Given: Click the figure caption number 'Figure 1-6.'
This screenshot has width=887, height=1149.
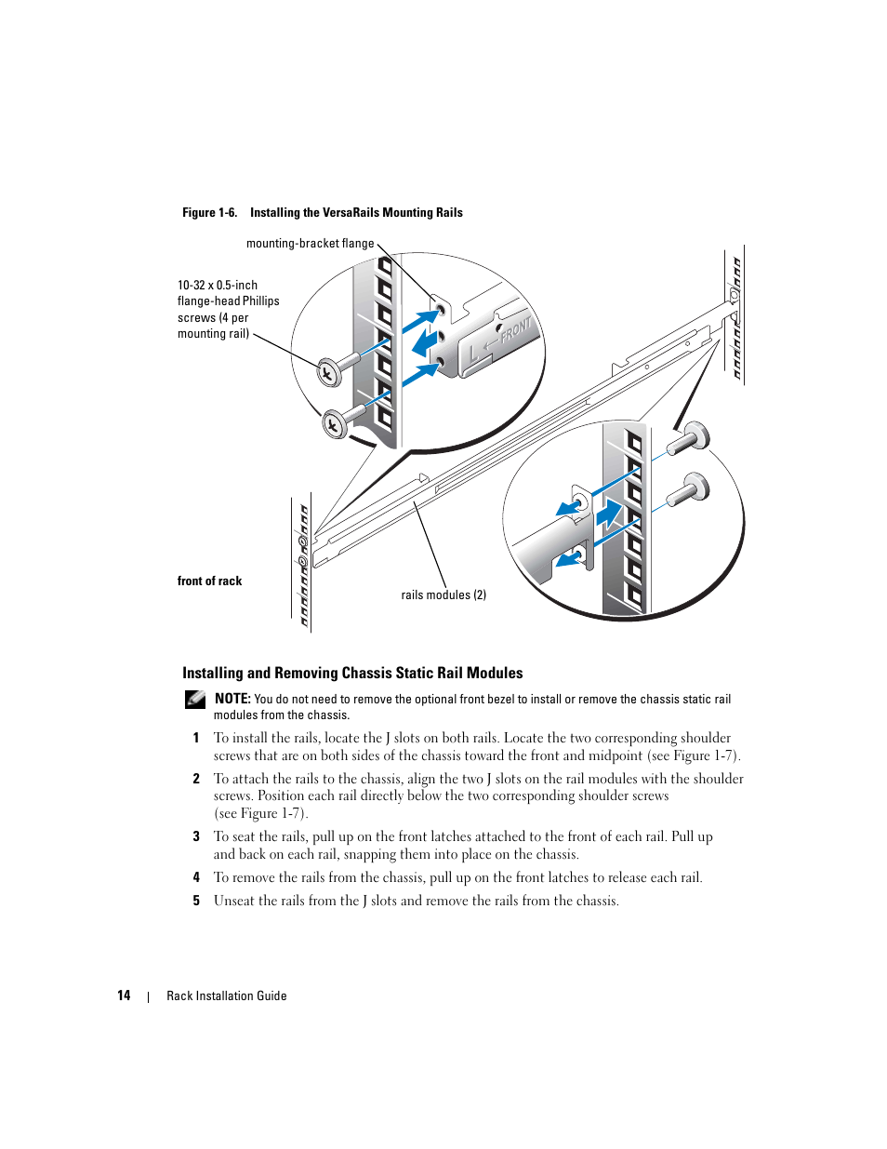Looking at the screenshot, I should click(x=209, y=213).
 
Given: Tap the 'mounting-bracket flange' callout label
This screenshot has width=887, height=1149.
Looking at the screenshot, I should click(x=310, y=244).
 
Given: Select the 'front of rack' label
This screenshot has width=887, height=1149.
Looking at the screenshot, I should click(x=209, y=581).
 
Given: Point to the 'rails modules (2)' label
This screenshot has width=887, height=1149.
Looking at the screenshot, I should click(x=443, y=595).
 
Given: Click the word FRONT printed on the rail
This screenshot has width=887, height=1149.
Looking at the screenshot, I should click(x=516, y=330).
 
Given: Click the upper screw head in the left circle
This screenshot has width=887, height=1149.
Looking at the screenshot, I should click(x=329, y=373).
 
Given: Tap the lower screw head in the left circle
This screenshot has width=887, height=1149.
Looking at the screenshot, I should click(x=334, y=425).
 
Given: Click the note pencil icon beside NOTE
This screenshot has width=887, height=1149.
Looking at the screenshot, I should click(x=195, y=699).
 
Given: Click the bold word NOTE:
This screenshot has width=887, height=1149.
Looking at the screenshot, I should click(x=232, y=699).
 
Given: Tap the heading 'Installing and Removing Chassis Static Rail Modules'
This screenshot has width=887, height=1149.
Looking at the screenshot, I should click(x=352, y=674).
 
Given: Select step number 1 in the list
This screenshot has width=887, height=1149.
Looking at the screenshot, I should click(x=196, y=739).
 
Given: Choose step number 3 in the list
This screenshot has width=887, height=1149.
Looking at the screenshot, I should click(x=196, y=837).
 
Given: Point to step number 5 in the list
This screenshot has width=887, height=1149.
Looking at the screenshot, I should click(x=196, y=902).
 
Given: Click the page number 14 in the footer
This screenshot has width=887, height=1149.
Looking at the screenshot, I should click(x=124, y=996).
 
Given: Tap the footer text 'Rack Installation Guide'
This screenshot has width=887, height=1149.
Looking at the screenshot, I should click(x=227, y=996).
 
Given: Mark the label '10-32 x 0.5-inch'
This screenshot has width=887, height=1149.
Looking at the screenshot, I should click(x=218, y=286).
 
